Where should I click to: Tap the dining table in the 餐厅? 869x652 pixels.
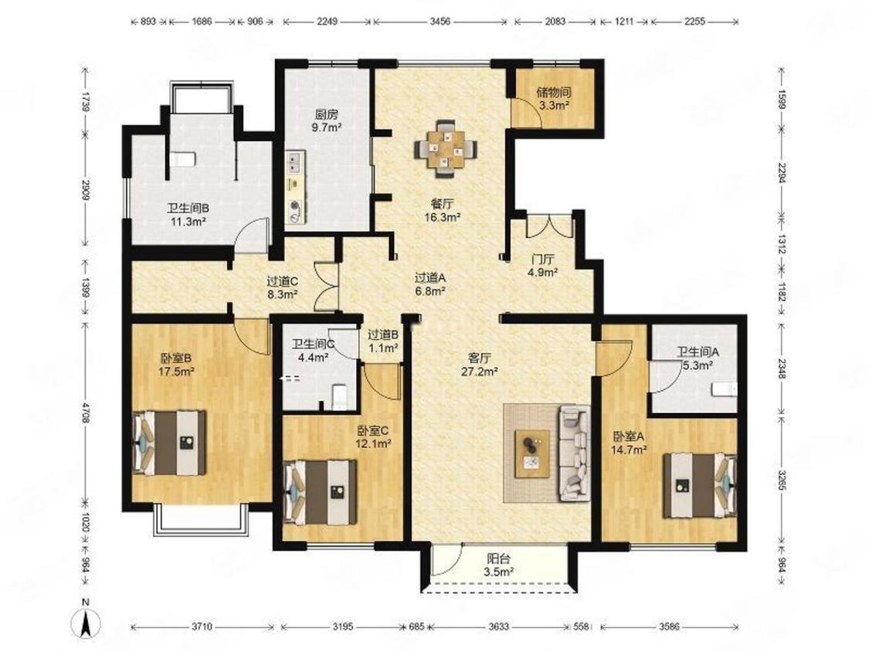(445, 148)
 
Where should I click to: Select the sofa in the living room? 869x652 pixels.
(575, 452)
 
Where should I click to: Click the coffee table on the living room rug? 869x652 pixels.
(532, 453)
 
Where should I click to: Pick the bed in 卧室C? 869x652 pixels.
(320, 492)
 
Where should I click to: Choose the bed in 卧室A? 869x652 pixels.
(701, 484)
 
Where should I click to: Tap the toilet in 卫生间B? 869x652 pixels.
(182, 159)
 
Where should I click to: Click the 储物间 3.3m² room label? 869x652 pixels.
(553, 97)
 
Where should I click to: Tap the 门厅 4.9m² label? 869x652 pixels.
(542, 265)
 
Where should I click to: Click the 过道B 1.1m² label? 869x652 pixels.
(383, 341)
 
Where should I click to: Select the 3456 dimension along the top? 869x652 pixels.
(440, 22)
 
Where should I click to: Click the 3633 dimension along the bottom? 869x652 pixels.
(498, 627)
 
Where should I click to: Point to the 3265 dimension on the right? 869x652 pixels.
(781, 481)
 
